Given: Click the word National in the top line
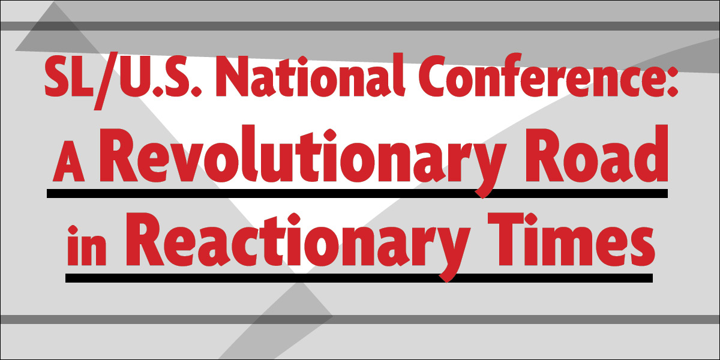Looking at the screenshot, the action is (x=310, y=76).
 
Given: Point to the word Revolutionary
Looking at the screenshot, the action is (x=303, y=161).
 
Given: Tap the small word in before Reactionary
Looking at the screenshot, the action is (x=86, y=245).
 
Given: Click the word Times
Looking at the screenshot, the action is (x=571, y=240).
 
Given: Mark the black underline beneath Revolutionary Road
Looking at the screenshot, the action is (x=357, y=193).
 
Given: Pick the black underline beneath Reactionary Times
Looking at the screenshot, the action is (x=359, y=278).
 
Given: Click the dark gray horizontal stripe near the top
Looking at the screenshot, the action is (x=360, y=26).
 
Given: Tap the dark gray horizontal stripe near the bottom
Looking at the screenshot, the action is (x=360, y=319).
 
